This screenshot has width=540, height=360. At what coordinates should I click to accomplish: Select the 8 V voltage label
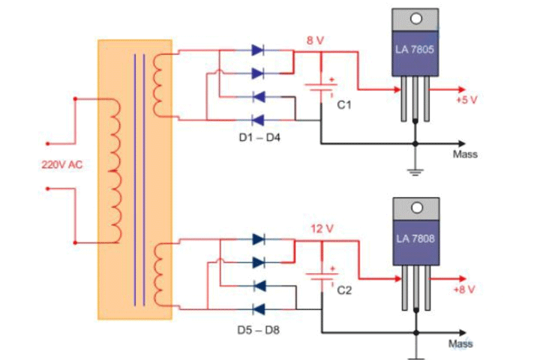[313, 40]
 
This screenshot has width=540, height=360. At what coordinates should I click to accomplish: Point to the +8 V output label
[465, 288]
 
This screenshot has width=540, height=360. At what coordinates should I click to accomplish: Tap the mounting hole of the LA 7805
[414, 18]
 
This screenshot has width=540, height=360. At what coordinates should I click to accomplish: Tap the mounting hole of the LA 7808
[414, 206]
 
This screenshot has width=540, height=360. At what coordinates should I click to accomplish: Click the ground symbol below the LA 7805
[414, 169]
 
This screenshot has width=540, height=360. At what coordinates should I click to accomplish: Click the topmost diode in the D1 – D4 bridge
[258, 51]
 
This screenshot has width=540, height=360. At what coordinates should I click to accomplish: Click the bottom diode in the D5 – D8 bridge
[258, 307]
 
